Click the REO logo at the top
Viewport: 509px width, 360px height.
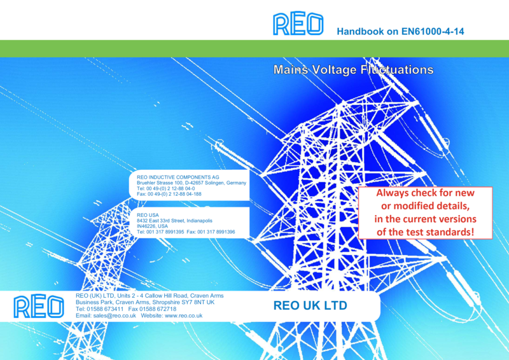pyautogui.click(x=298, y=24)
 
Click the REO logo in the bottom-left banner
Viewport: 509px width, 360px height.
pyautogui.click(x=39, y=306)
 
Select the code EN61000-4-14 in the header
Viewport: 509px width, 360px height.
pyautogui.click(x=433, y=32)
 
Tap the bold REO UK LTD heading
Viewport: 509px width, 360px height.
pyautogui.click(x=310, y=305)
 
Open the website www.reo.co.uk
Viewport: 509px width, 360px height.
pyautogui.click(x=183, y=315)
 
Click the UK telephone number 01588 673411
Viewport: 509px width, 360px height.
pyautogui.click(x=105, y=308)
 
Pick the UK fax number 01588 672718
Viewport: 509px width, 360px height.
pyautogui.click(x=158, y=308)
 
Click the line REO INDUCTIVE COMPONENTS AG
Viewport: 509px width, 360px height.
pyautogui.click(x=178, y=177)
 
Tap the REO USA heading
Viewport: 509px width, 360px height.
pyautogui.click(x=148, y=215)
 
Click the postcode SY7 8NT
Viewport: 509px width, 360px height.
pyautogui.click(x=190, y=302)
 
